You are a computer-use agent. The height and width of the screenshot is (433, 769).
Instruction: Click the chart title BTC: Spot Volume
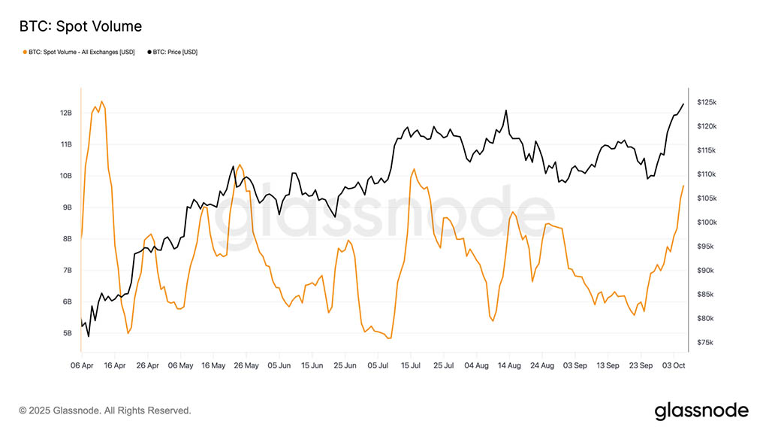coord(80,27)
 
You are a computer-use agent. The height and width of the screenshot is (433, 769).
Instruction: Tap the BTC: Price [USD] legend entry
coord(174,52)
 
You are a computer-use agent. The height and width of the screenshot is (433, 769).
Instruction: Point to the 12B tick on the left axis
coord(66,113)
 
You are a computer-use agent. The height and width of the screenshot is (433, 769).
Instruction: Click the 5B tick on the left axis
coord(67,333)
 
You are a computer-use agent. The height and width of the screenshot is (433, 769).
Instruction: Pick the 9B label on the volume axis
coord(67,207)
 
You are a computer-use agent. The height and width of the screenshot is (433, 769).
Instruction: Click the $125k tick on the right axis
coord(707,102)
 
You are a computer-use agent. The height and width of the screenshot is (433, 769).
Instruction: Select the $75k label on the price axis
coord(707,343)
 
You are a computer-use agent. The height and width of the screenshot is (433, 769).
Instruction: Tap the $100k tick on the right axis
coord(707,223)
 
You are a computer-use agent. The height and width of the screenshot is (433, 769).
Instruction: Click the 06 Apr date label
coord(82,365)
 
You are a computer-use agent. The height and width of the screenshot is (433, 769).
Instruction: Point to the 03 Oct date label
coord(674,365)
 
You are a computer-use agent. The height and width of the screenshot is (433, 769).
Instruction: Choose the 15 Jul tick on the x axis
coord(410,365)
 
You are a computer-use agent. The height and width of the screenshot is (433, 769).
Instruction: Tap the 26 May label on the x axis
coord(246,365)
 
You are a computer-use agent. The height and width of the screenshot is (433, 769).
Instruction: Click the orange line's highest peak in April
coord(101,101)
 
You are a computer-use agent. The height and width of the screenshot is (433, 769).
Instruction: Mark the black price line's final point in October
coord(683,104)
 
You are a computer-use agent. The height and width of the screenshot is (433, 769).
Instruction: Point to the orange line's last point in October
coord(683,185)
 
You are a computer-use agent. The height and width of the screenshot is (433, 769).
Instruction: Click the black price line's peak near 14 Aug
coord(506,111)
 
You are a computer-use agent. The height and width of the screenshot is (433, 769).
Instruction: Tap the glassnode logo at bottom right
coord(701,410)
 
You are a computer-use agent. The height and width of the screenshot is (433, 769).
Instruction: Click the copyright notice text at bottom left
coord(105,410)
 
